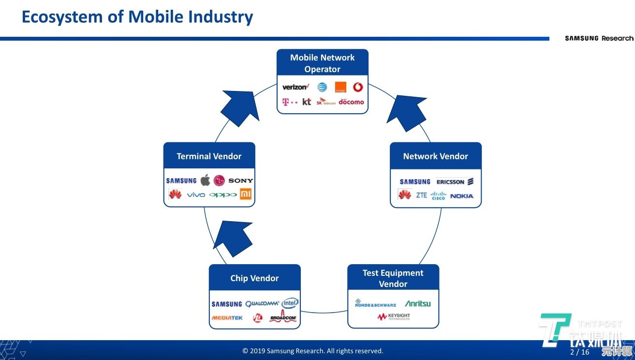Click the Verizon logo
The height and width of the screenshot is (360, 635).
point(295,87)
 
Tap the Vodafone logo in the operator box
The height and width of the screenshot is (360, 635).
point(358,87)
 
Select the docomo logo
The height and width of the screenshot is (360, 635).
point(351,102)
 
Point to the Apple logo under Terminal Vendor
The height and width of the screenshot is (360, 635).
point(205,180)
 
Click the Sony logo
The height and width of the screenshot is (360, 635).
point(240,180)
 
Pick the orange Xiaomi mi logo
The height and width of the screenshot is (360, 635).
point(246,195)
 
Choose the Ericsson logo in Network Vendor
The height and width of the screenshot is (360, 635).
point(455,182)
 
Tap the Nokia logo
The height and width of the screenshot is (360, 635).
point(461,196)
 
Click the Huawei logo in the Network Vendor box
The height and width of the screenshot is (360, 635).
point(404,195)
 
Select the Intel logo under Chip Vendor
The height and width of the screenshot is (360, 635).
point(290,303)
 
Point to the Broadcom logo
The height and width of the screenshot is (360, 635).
point(283,317)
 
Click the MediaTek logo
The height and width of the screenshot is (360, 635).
point(227,318)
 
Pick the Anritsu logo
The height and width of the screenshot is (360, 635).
point(417,304)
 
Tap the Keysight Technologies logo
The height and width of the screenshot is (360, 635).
point(393,317)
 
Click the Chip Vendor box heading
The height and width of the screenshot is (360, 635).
point(254,278)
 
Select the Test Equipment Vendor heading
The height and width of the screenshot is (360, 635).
point(393,278)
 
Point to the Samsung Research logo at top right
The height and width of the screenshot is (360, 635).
point(599,38)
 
